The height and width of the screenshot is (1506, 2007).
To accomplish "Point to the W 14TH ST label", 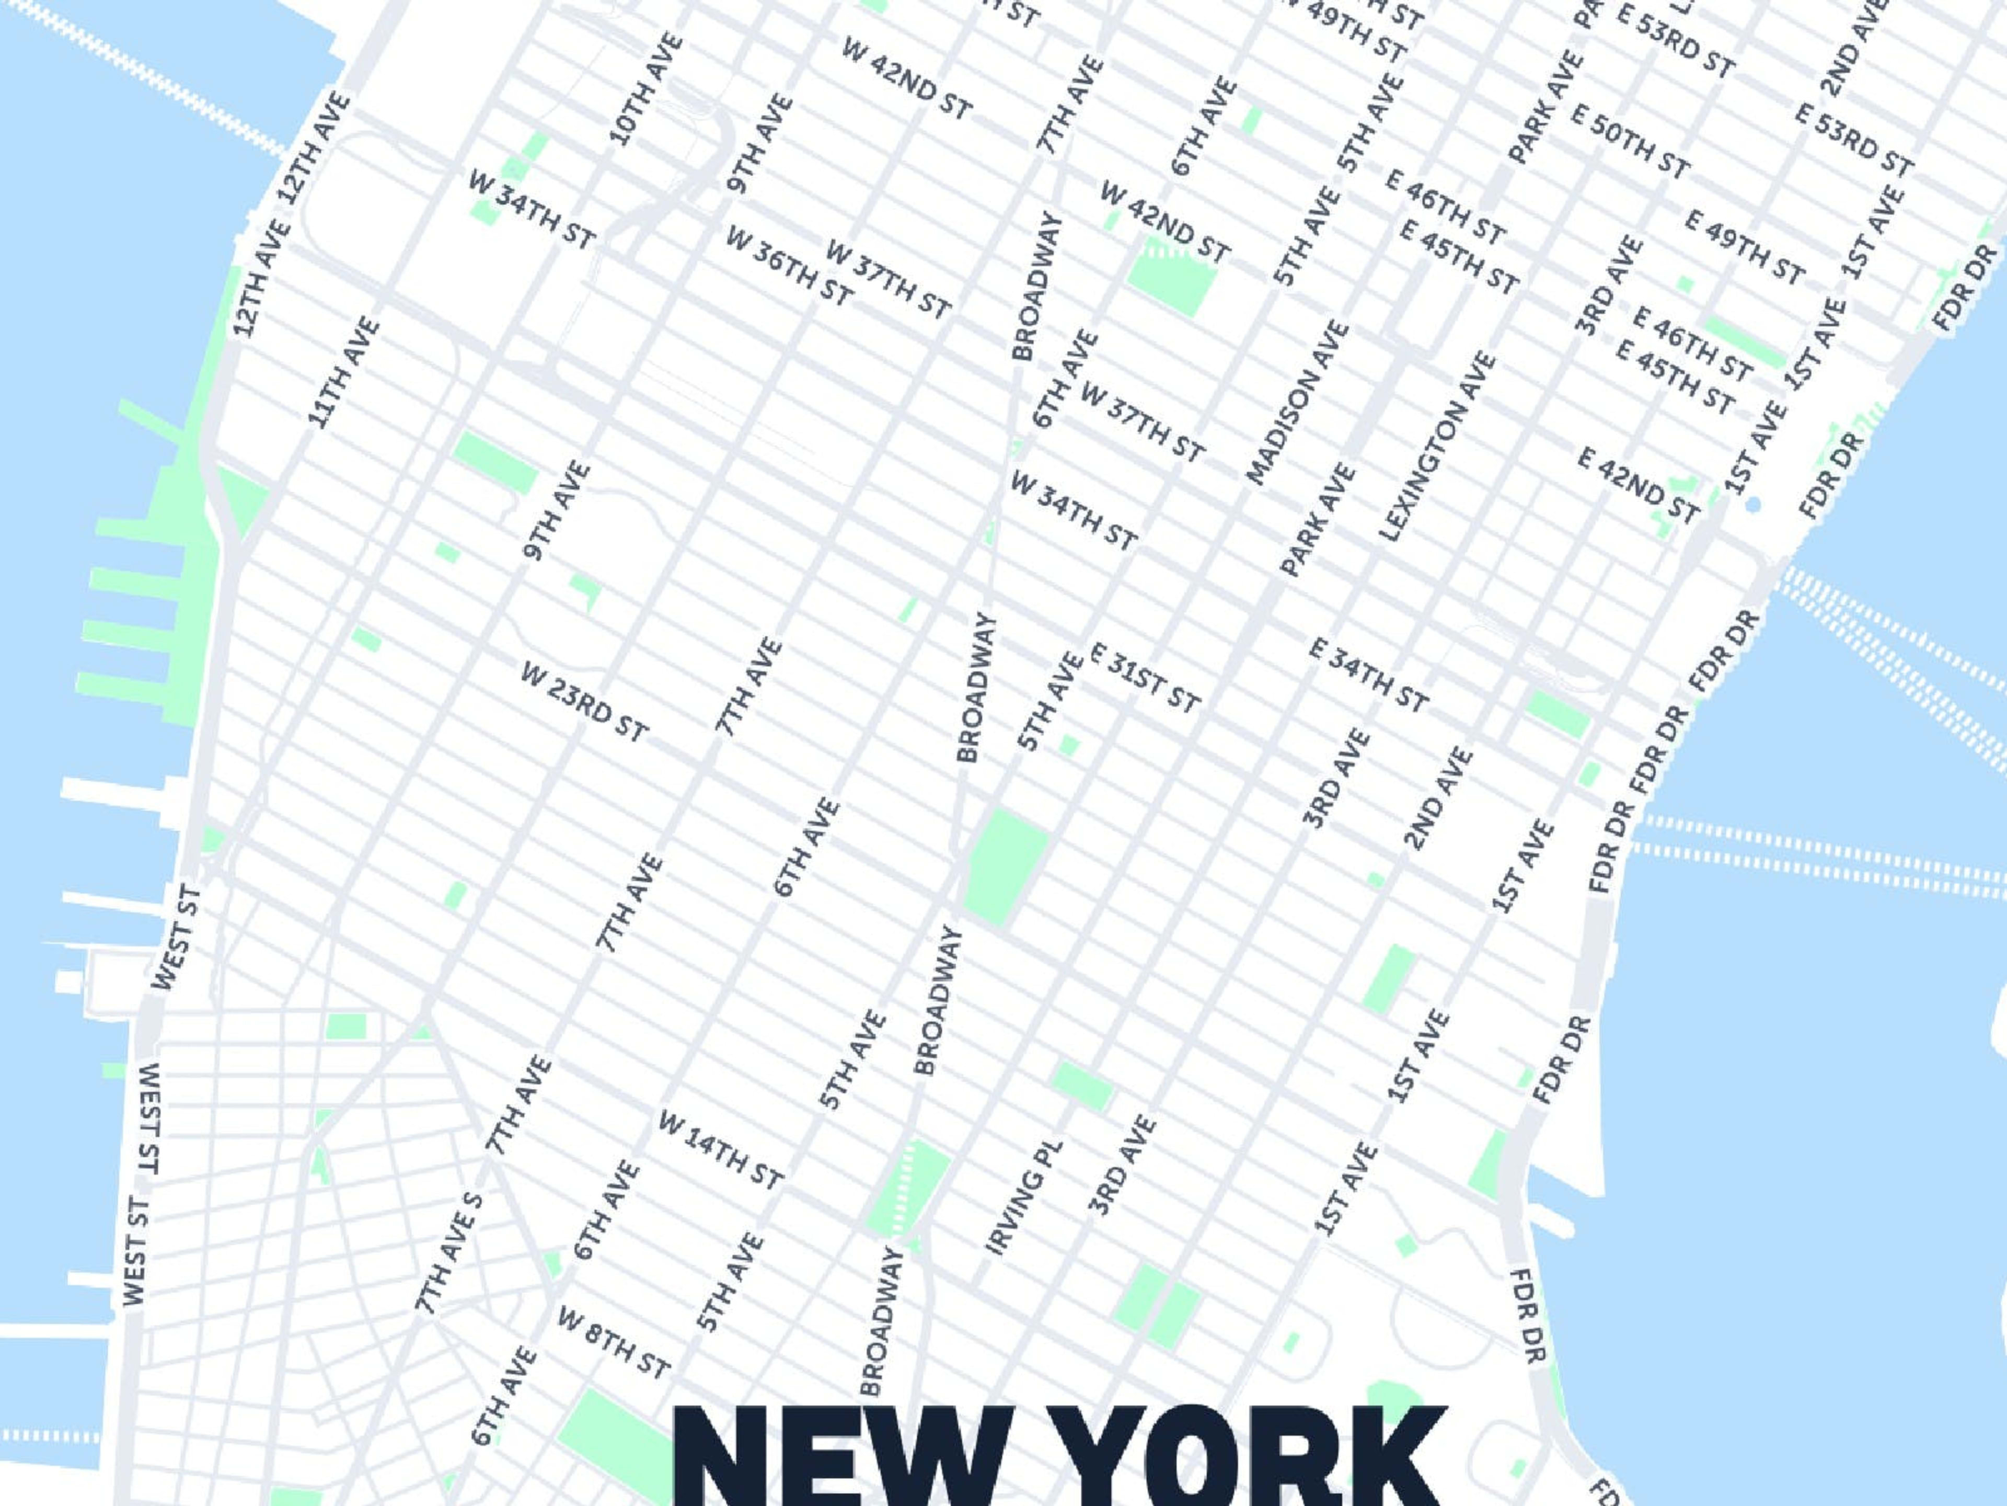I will [720, 1149].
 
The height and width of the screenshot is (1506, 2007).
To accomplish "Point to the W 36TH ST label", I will [789, 266].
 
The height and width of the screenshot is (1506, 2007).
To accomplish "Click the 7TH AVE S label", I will [448, 1253].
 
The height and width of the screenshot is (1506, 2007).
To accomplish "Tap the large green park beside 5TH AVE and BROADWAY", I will [1005, 867].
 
